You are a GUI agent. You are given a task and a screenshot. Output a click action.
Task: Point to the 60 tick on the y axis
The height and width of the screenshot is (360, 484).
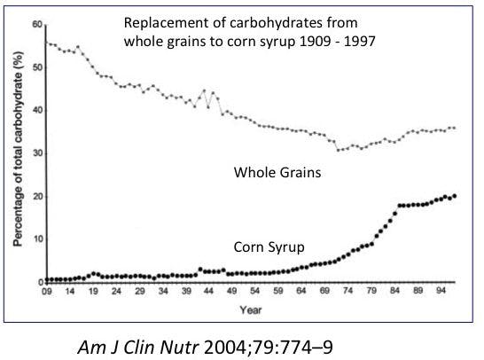[36, 23]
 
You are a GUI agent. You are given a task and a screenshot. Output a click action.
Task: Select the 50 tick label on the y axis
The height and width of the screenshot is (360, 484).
[36, 67]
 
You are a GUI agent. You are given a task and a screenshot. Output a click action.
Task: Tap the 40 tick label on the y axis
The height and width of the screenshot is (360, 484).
[36, 109]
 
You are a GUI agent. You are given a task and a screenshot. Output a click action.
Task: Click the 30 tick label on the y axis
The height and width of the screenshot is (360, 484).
[36, 153]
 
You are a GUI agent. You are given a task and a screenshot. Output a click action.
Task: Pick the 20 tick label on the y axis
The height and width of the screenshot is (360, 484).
[36, 196]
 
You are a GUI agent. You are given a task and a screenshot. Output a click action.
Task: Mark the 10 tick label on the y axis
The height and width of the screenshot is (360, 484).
[36, 239]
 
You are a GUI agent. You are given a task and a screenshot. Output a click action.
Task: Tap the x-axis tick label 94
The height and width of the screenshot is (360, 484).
[443, 293]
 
